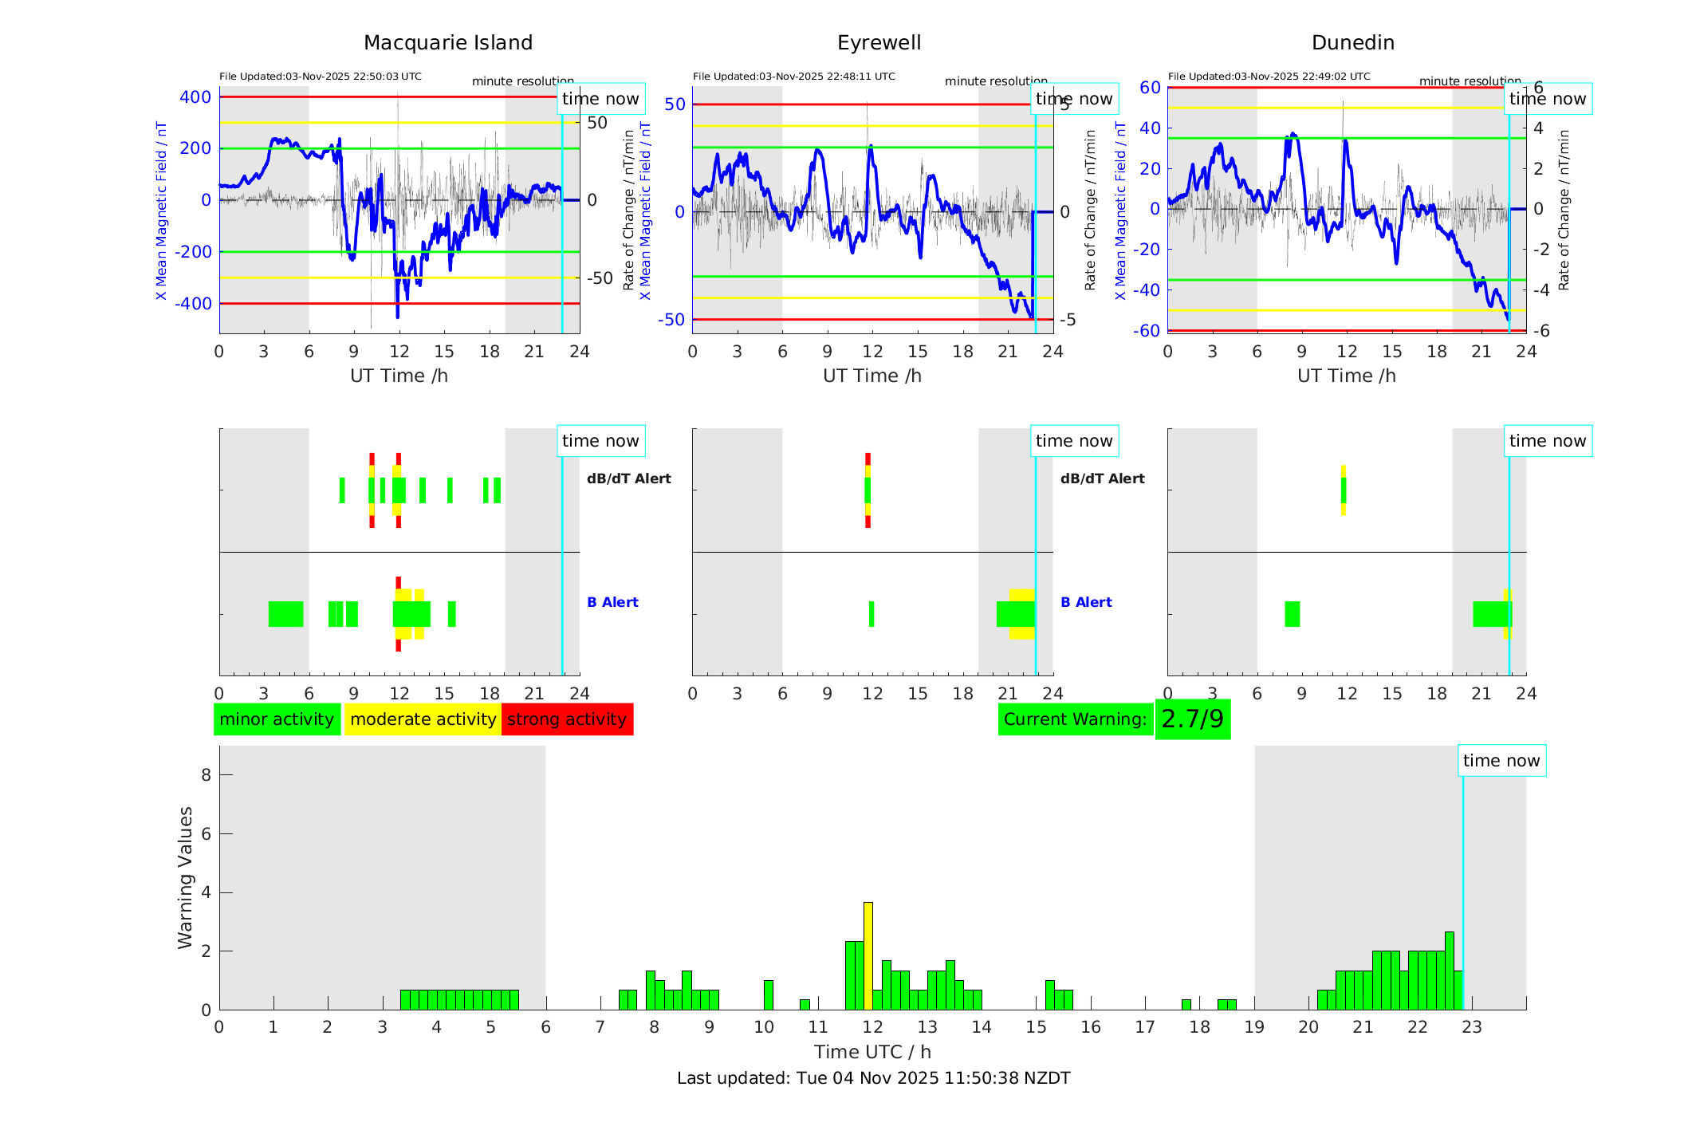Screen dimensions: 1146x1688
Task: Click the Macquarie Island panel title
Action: (x=447, y=43)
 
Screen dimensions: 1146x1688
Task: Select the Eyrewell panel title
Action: (x=879, y=43)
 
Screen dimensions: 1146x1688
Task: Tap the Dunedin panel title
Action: (x=1352, y=43)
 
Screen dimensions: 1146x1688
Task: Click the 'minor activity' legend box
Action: (x=277, y=719)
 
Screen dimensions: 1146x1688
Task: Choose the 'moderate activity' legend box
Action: (x=423, y=719)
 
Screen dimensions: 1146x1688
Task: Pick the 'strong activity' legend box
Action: (x=567, y=719)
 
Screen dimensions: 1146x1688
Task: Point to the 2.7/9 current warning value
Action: (x=1192, y=719)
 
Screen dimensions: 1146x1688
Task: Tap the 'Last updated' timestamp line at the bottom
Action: (x=873, y=1078)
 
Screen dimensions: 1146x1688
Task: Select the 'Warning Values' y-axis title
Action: (x=185, y=877)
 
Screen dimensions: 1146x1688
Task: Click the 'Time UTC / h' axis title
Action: (x=872, y=1052)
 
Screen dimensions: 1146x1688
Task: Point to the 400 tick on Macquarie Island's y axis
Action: (x=195, y=97)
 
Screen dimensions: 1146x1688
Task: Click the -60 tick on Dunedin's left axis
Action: (x=1147, y=330)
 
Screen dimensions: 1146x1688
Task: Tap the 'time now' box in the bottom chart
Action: (x=1501, y=761)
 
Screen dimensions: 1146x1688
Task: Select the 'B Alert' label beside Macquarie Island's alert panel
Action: (x=612, y=602)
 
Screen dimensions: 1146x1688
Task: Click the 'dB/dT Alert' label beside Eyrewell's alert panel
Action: (x=1102, y=478)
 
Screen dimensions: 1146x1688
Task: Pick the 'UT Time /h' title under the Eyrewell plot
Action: (x=872, y=376)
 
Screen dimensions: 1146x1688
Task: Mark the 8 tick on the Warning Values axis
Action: (x=206, y=774)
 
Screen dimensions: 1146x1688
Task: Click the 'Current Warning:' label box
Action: (x=1075, y=719)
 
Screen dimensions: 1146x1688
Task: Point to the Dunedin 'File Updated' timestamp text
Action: (x=1269, y=77)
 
